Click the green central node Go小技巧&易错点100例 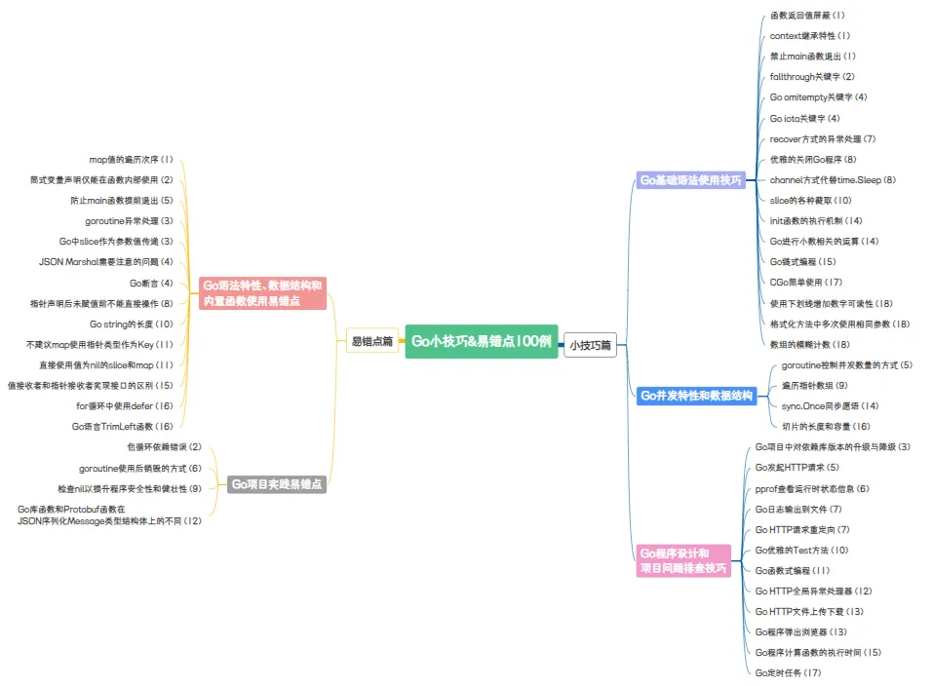pyautogui.click(x=482, y=341)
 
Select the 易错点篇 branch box pyautogui.click(x=371, y=341)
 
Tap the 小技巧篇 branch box pyautogui.click(x=591, y=345)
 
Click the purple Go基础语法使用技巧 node pyautogui.click(x=690, y=180)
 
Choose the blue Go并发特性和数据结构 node pyautogui.click(x=696, y=396)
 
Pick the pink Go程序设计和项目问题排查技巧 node pyautogui.click(x=682, y=560)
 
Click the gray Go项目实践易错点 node pyautogui.click(x=277, y=483)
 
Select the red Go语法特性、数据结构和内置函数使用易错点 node pyautogui.click(x=261, y=292)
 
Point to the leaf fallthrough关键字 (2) pyautogui.click(x=812, y=77)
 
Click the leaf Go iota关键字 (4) pyautogui.click(x=804, y=118)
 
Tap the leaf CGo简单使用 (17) pyautogui.click(x=806, y=283)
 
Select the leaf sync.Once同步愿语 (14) pyautogui.click(x=830, y=405)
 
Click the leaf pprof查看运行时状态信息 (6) pyautogui.click(x=812, y=488)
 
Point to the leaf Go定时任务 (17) pyautogui.click(x=789, y=672)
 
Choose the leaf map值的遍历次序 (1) pyautogui.click(x=131, y=159)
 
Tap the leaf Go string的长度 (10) pyautogui.click(x=131, y=324)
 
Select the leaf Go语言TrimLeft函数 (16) pyautogui.click(x=122, y=426)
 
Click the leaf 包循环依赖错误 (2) pyautogui.click(x=164, y=447)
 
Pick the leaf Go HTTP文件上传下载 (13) pyautogui.click(x=809, y=611)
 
